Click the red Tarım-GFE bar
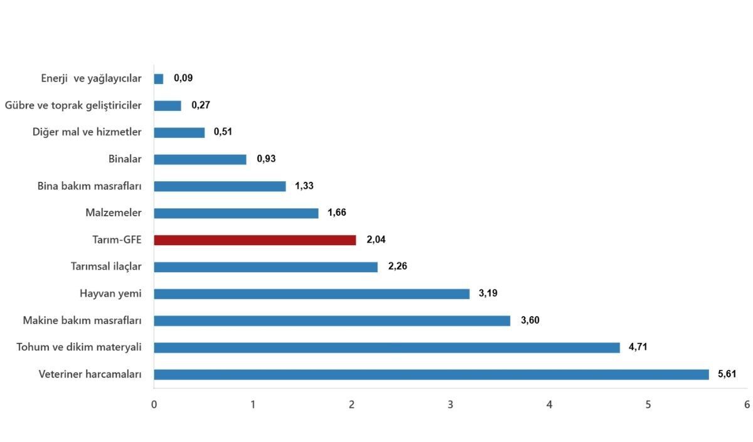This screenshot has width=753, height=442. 255,240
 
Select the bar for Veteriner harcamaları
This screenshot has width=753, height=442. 431,374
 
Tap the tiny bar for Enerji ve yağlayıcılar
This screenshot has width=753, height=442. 159,79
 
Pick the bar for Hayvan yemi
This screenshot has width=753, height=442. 312,294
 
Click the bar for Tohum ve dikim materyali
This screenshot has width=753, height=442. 387,347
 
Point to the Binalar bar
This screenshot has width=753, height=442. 200,159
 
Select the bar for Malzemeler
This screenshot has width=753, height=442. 236,213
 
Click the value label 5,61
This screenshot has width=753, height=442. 727,374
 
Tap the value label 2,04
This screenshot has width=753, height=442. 376,239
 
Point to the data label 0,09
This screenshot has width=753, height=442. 183,78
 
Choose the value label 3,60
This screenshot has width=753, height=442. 530,320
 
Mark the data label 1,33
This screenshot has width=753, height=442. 304,186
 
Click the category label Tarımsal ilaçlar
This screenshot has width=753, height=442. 106,266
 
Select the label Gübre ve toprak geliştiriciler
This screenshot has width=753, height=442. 73,105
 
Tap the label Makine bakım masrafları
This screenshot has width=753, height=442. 82,320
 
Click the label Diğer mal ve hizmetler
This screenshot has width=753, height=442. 87,132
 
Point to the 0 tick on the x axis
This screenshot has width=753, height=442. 154,404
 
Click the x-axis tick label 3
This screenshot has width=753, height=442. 451,404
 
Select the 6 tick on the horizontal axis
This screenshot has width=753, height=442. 747,404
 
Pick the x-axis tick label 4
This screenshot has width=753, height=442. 549,404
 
